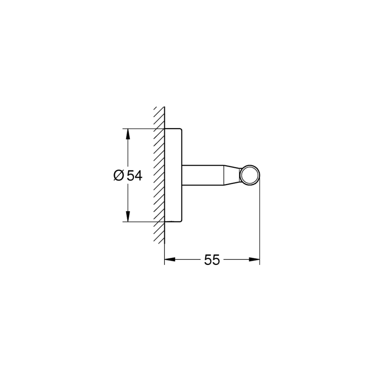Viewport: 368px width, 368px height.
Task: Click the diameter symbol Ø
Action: (x=119, y=175)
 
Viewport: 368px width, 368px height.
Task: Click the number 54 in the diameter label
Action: (x=134, y=175)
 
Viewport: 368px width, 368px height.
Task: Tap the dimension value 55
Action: (x=212, y=260)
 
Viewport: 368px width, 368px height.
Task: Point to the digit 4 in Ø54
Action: (x=138, y=175)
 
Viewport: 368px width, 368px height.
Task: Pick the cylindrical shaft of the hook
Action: (x=201, y=175)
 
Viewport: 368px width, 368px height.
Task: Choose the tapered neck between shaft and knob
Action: (x=231, y=175)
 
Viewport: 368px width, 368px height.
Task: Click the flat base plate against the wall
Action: (x=173, y=175)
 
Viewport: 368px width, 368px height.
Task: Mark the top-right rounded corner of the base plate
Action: (x=181, y=129)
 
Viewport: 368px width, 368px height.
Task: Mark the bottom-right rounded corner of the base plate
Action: (x=181, y=220)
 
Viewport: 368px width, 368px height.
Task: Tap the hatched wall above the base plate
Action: (x=159, y=117)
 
